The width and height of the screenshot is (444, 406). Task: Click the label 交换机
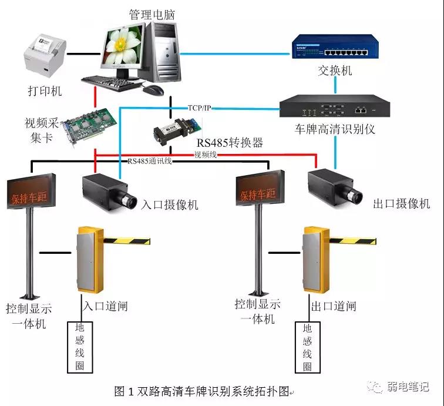pos(335,71)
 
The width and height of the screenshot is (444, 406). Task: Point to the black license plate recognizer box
pos(331,108)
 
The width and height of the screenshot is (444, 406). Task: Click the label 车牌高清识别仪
pos(334,129)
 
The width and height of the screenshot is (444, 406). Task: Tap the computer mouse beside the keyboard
pos(153,90)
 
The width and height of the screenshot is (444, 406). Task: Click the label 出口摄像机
pos(402,204)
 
